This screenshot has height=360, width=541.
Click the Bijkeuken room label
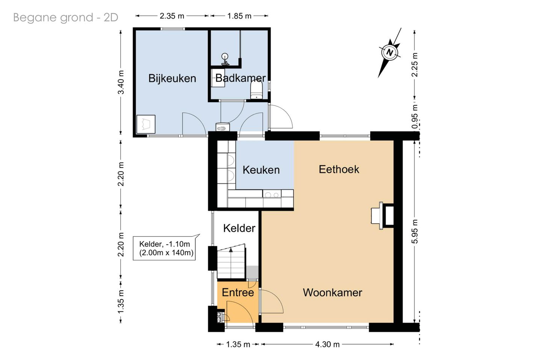[172, 78]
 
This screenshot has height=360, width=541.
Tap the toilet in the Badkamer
[256, 90]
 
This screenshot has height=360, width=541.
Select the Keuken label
[261, 170]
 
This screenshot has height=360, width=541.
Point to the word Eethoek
[339, 169]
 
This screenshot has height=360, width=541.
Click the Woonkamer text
[332, 292]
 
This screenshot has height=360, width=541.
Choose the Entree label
[238, 292]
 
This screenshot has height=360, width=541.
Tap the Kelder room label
[239, 228]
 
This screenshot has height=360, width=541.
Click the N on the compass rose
[389, 52]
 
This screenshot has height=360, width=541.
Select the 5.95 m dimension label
[414, 231]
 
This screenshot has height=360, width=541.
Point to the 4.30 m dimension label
[327, 344]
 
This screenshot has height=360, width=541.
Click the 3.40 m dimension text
[121, 82]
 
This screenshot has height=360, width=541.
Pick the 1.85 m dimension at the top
[239, 16]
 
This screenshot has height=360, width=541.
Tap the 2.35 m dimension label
[172, 16]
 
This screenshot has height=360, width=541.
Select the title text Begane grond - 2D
[65, 17]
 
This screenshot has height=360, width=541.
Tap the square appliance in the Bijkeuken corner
[146, 124]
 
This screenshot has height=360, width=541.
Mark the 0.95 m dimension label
[414, 116]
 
